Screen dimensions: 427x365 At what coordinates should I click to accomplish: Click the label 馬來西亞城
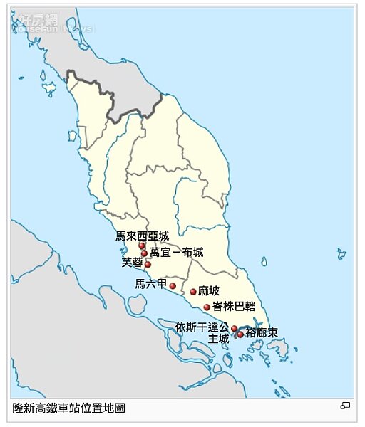[143, 236]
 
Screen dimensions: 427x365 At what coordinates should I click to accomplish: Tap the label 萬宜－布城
[176, 253]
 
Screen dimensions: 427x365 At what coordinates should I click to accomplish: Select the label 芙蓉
[133, 263]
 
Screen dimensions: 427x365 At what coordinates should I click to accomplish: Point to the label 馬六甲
[150, 285]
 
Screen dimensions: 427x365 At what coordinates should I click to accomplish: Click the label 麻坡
[210, 291]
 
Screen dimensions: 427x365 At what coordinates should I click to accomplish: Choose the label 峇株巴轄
[234, 307]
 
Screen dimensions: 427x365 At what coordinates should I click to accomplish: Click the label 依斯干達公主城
[203, 332]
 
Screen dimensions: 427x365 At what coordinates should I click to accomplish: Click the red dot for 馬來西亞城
[142, 246]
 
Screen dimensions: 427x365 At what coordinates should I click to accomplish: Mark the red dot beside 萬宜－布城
[145, 253]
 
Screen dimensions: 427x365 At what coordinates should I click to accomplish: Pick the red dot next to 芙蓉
[148, 265]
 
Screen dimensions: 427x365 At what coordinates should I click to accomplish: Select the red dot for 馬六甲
[173, 286]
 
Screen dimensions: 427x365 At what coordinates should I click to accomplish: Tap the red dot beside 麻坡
[193, 292]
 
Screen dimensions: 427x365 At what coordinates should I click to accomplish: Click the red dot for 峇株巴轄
[207, 307]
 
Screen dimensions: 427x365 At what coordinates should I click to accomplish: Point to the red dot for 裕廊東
[241, 334]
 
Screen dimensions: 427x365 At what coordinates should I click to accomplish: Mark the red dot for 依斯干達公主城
[234, 329]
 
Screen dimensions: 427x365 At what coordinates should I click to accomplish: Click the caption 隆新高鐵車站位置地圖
[69, 408]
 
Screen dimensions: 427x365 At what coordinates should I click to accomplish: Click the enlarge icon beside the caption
[345, 406]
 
